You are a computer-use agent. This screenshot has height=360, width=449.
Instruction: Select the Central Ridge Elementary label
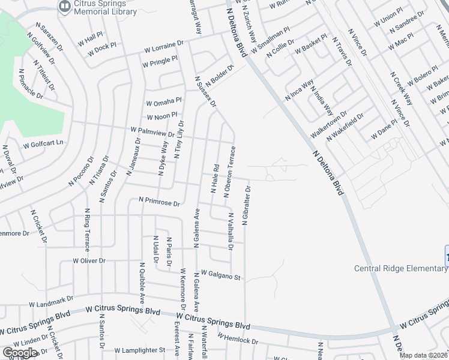401,268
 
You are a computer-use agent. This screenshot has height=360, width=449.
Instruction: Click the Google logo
20,353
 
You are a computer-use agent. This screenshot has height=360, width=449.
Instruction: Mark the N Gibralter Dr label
246,205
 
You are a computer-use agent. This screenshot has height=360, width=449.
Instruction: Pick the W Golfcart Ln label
43,145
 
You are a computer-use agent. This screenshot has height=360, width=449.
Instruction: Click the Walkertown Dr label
328,123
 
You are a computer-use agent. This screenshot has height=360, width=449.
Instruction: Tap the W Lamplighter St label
139,350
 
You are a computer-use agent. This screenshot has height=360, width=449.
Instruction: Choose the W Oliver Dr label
89,261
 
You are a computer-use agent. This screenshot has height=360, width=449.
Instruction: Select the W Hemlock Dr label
238,339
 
